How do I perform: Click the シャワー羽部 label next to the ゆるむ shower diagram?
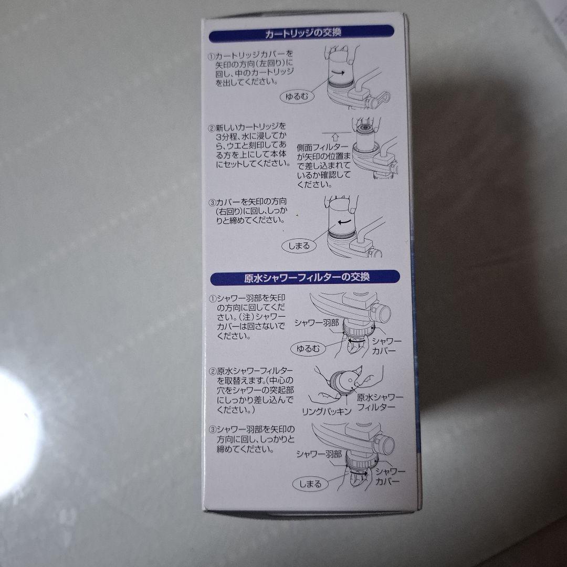click(x=317, y=323)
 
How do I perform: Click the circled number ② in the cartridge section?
click(x=212, y=128)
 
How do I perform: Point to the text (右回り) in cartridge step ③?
click(x=230, y=211)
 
